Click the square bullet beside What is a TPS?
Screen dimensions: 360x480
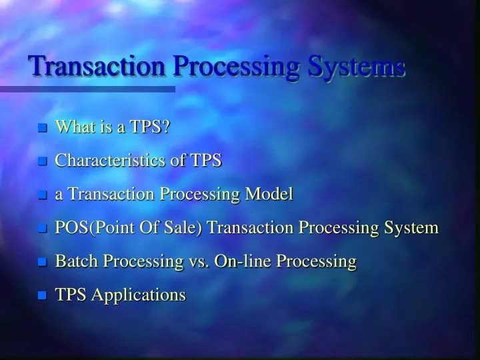click(43, 128)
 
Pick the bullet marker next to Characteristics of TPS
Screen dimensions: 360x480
click(43, 161)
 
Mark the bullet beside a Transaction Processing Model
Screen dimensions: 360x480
click(43, 195)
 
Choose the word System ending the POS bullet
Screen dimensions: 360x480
click(411, 228)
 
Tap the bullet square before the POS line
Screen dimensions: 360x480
click(43, 229)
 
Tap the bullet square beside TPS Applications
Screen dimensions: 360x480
click(43, 295)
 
